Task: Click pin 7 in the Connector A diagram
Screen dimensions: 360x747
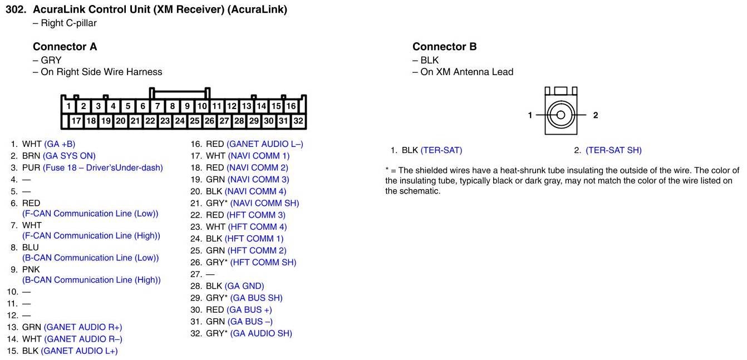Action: pyautogui.click(x=158, y=106)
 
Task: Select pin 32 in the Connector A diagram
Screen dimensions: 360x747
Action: pyautogui.click(x=298, y=121)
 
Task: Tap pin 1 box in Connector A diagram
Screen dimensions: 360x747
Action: pyautogui.click(x=68, y=106)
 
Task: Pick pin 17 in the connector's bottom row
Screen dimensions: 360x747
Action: pyautogui.click(x=76, y=121)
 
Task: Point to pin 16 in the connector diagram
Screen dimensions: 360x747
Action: pyautogui.click(x=291, y=106)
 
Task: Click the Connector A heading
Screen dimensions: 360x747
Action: pyautogui.click(x=65, y=47)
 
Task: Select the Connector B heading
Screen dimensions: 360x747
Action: pyautogui.click(x=444, y=47)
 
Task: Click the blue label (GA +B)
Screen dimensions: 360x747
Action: pyautogui.click(x=60, y=144)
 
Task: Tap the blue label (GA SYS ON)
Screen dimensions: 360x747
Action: pyautogui.click(x=69, y=156)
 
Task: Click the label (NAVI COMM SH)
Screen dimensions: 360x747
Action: pyautogui.click(x=264, y=203)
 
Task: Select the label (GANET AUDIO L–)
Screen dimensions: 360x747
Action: pyautogui.click(x=265, y=144)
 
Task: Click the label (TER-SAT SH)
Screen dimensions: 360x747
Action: pyautogui.click(x=613, y=150)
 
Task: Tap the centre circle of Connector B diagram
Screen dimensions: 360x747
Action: pyautogui.click(x=561, y=115)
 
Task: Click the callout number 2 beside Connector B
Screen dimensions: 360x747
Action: pyautogui.click(x=596, y=115)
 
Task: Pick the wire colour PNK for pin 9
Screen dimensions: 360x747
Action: pyautogui.click(x=31, y=269)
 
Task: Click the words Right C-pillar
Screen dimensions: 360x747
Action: pyautogui.click(x=68, y=23)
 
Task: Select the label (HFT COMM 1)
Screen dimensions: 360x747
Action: pyautogui.click(x=254, y=239)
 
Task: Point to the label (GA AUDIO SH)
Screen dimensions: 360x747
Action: pyautogui.click(x=261, y=333)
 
